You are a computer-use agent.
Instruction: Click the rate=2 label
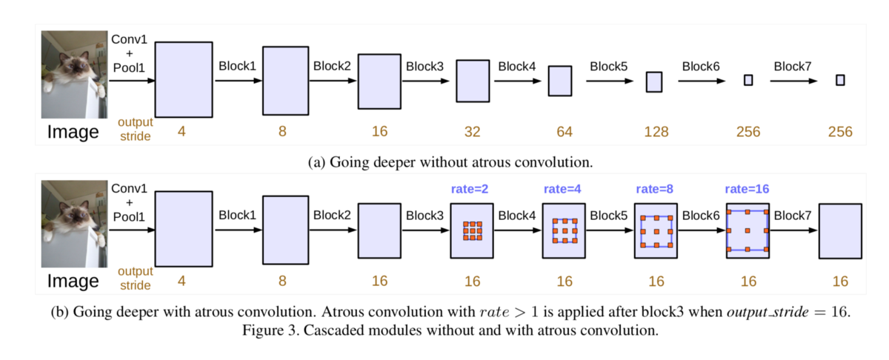(x=470, y=189)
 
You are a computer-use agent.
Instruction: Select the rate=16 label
(x=747, y=189)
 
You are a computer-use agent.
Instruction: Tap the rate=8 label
(x=654, y=189)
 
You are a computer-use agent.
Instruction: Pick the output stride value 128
(x=656, y=132)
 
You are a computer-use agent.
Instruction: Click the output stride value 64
(x=565, y=132)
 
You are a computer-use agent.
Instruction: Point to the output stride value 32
(x=473, y=132)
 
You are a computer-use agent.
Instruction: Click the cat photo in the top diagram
(x=74, y=75)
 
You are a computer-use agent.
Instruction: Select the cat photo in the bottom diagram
(x=74, y=224)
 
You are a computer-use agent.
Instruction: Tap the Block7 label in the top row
(x=793, y=66)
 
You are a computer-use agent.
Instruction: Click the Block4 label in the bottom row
(x=517, y=216)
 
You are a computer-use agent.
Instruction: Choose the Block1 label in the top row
(x=237, y=66)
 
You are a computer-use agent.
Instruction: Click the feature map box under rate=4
(x=564, y=231)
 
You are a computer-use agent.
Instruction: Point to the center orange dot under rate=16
(x=748, y=230)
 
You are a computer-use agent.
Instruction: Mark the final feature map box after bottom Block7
(x=840, y=231)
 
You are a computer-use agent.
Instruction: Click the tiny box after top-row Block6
(x=748, y=80)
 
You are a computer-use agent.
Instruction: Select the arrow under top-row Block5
(x=610, y=81)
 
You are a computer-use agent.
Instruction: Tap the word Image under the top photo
(x=73, y=132)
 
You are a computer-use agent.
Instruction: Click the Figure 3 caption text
(x=450, y=330)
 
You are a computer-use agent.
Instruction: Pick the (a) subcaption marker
(x=317, y=162)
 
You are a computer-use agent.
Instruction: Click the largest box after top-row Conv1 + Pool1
(x=184, y=79)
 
